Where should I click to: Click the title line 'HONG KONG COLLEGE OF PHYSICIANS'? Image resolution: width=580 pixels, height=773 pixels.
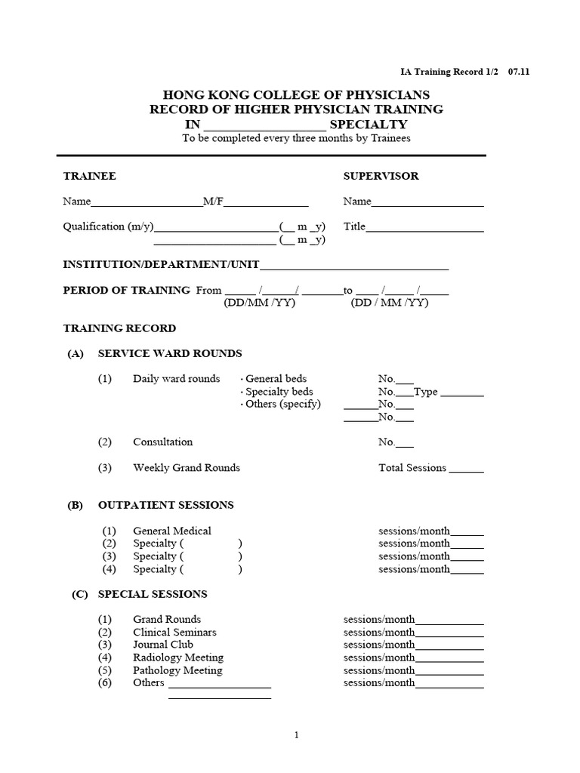pyautogui.click(x=297, y=94)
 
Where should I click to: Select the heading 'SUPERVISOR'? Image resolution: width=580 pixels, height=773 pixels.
pyautogui.click(x=381, y=176)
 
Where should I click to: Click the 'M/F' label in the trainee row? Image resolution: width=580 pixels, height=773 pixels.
pyautogui.click(x=212, y=202)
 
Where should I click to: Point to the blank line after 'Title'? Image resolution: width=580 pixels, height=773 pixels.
pyautogui.click(x=424, y=227)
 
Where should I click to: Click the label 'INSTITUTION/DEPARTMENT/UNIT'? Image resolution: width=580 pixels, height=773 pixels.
pyautogui.click(x=161, y=264)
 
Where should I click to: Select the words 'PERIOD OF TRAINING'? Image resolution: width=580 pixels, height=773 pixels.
pyautogui.click(x=126, y=290)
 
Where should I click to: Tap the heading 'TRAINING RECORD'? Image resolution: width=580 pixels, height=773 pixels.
pyautogui.click(x=119, y=328)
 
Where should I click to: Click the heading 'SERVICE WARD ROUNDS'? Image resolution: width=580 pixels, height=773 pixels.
pyautogui.click(x=170, y=353)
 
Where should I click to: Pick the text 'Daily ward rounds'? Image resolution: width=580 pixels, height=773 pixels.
pyautogui.click(x=177, y=379)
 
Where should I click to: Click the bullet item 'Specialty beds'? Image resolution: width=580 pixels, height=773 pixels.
pyautogui.click(x=279, y=392)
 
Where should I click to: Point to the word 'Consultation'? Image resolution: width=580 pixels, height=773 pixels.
pyautogui.click(x=162, y=442)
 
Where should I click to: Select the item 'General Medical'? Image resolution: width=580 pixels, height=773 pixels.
pyautogui.click(x=172, y=531)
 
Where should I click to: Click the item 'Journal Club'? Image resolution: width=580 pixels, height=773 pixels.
pyautogui.click(x=163, y=645)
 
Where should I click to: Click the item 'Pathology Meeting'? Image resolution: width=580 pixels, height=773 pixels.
pyautogui.click(x=177, y=670)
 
